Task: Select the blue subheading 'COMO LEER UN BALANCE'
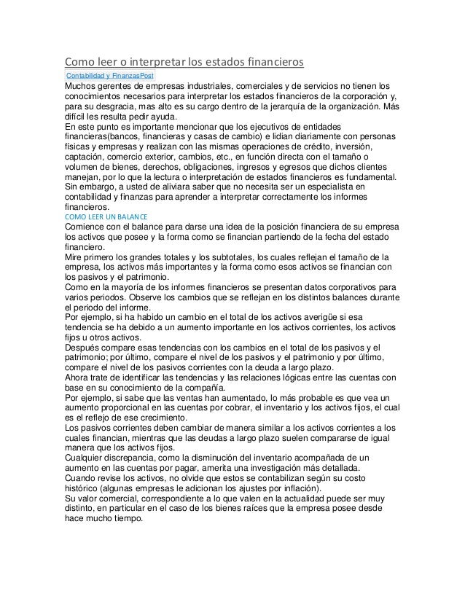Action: tap(106, 217)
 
